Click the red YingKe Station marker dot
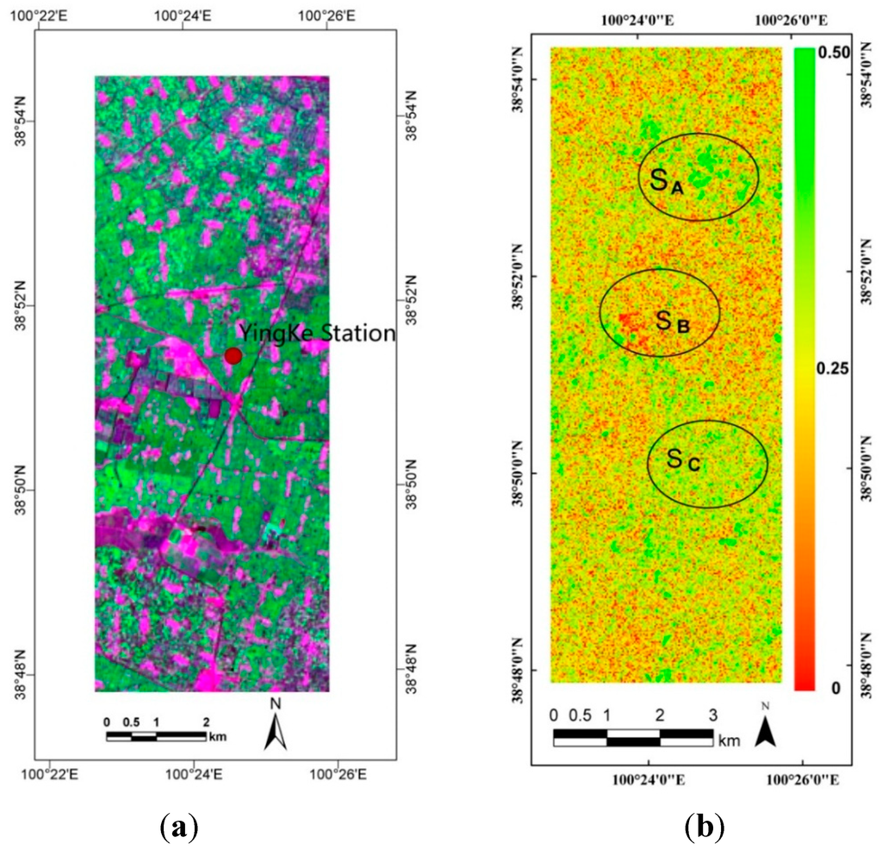coord(233,356)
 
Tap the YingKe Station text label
coord(317,334)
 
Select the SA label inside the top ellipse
coord(667,180)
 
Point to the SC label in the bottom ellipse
coord(683,459)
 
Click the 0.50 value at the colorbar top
coord(834,53)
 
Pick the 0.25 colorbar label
coord(833,369)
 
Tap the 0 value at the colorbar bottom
coord(835,688)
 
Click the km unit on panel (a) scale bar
coord(218,736)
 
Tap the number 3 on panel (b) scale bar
coord(712,715)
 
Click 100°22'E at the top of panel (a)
coord(38,16)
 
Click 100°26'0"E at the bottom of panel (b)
coord(802,779)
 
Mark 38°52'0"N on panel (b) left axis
coord(518,277)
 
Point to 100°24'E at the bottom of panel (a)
coord(194,775)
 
